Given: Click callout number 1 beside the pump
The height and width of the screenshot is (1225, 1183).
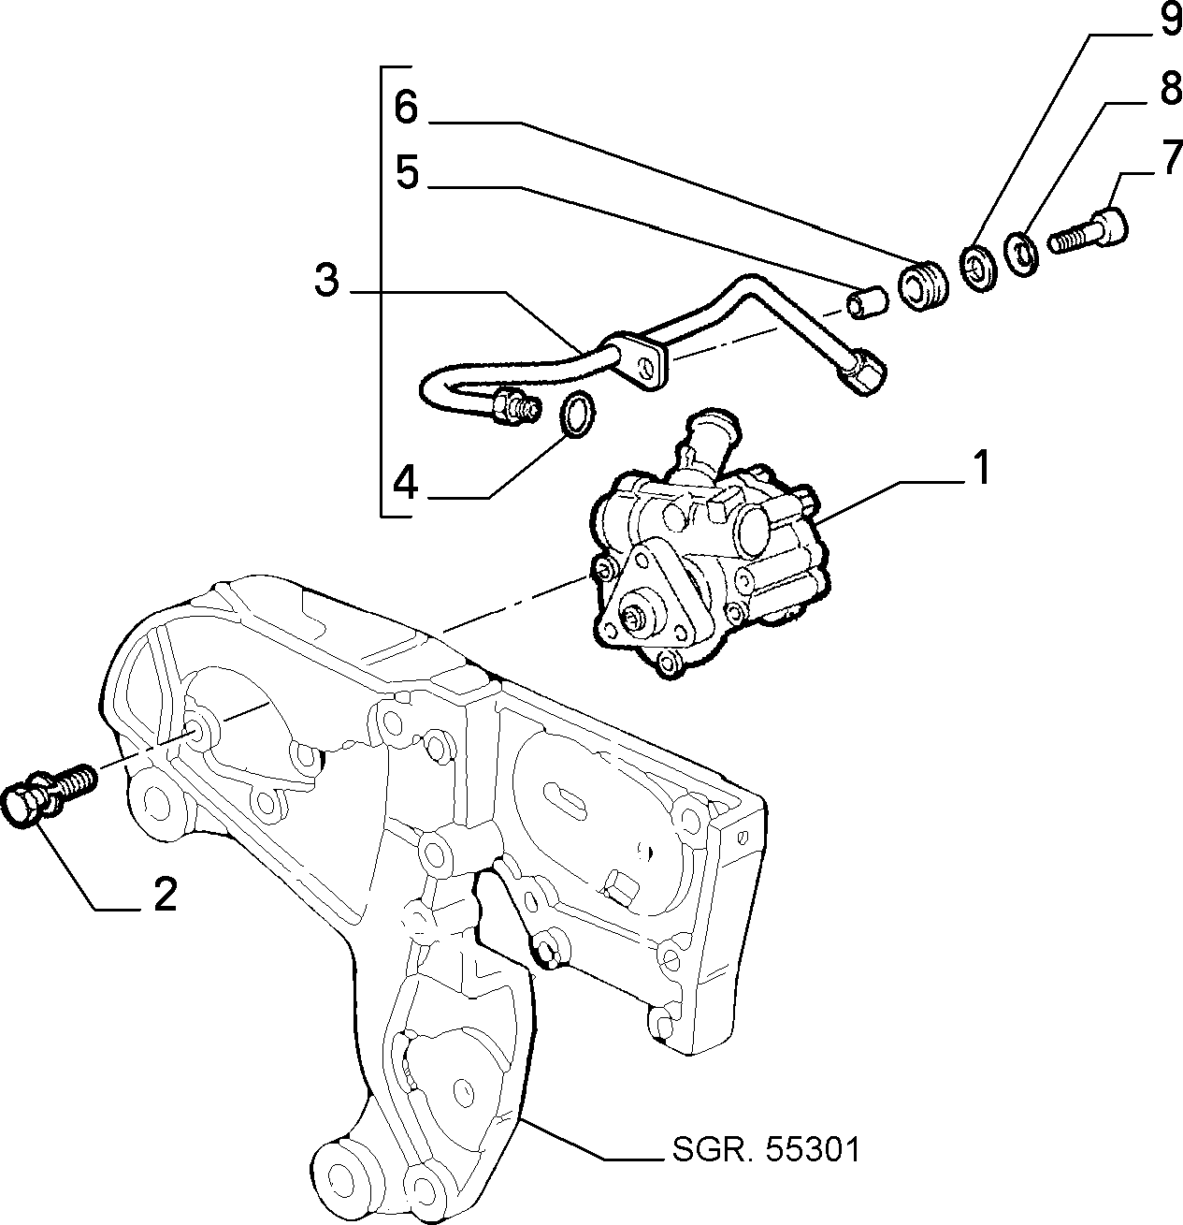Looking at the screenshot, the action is [x=980, y=468].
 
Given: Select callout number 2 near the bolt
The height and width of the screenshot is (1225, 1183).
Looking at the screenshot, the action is [x=165, y=895].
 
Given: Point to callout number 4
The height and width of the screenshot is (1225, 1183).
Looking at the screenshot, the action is [x=406, y=484].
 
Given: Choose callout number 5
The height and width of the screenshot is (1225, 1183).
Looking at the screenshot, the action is [x=408, y=171].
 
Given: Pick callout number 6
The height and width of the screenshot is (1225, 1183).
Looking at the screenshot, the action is [x=406, y=107].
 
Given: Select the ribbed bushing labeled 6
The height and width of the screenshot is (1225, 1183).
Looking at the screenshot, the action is [x=923, y=283].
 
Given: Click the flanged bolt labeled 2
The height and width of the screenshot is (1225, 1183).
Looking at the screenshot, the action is [x=50, y=794].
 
